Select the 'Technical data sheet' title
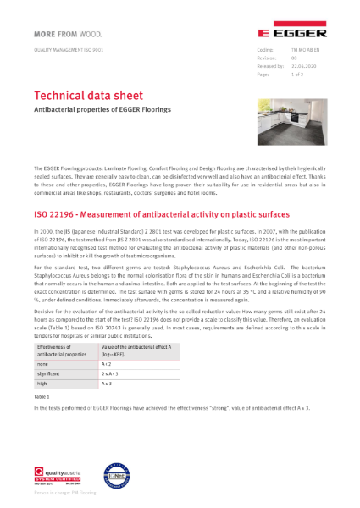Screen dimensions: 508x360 click(x=88, y=95)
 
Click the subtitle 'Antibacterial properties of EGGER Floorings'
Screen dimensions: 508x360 click(x=102, y=110)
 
